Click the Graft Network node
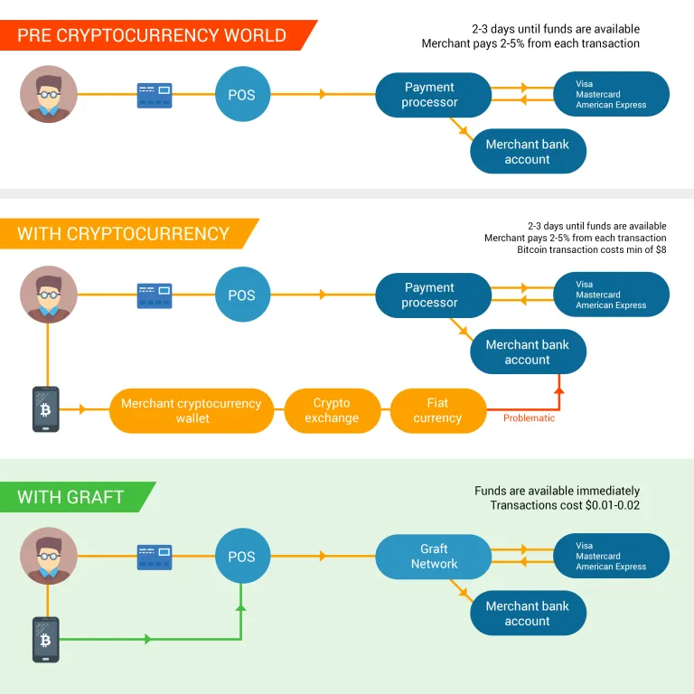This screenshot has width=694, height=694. click(x=434, y=557)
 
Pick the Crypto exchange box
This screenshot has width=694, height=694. click(x=332, y=411)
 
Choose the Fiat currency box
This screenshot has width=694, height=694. click(x=437, y=411)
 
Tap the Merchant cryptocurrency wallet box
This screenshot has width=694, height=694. click(x=192, y=411)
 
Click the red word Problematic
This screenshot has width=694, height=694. click(x=529, y=418)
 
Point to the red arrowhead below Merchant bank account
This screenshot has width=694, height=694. click(x=559, y=390)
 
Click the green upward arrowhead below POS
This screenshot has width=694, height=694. click(x=240, y=607)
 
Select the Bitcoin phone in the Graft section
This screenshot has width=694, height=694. click(x=45, y=640)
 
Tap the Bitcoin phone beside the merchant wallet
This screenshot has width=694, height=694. click(x=45, y=409)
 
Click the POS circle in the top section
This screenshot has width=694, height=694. click(x=242, y=94)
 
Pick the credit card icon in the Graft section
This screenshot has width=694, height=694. click(x=155, y=558)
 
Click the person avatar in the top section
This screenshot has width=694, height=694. click(x=49, y=94)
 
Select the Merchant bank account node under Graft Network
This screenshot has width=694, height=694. click(x=528, y=613)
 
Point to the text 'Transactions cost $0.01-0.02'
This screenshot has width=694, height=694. click(x=565, y=505)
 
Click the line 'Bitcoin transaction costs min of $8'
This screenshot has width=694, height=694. click(x=592, y=249)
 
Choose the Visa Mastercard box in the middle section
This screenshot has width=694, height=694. click(x=611, y=295)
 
